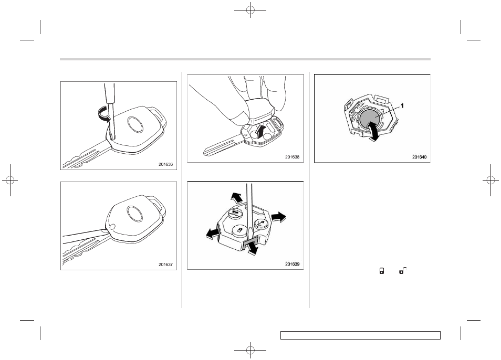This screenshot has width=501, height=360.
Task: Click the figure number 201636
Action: point(165,164)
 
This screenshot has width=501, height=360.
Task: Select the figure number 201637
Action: point(165,264)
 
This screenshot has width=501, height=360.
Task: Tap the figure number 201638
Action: point(293,157)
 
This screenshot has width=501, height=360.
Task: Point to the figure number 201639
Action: point(293,264)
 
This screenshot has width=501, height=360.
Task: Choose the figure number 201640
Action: point(419,157)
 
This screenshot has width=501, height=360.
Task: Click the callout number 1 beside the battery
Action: point(402,105)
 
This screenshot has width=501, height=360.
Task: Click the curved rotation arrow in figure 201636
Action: point(103,114)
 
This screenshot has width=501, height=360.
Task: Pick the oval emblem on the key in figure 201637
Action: point(135,213)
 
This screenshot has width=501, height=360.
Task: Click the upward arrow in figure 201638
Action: point(261,131)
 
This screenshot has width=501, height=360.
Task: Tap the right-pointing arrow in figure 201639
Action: point(279,217)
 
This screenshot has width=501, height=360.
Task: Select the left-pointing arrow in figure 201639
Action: point(213,234)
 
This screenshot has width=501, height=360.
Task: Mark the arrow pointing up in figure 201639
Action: point(236,197)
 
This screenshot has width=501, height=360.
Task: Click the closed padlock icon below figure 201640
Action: point(381,271)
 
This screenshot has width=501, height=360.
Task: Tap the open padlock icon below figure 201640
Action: point(403,271)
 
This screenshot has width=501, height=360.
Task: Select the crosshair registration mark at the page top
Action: point(250,10)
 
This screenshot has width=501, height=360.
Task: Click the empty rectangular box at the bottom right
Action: point(360,335)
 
